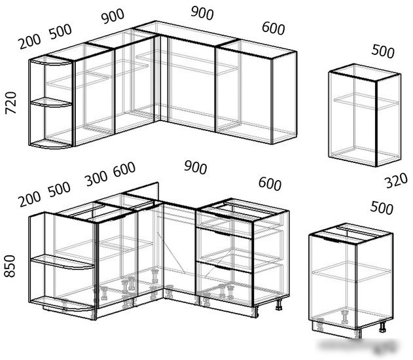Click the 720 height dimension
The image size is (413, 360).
point(11,103)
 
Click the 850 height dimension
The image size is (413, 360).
point(10,266)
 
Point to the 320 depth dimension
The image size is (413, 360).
point(397,181)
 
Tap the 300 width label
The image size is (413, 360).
point(96,178)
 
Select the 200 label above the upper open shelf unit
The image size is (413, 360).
point(29,42)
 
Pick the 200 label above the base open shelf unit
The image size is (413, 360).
point(29,199)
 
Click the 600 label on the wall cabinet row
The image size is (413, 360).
point(274,28)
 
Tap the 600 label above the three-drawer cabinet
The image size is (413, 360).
point(270,184)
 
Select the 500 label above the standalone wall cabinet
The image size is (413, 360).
point(383,51)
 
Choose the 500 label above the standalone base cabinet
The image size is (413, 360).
point(382,207)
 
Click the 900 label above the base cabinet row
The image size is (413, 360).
point(196,168)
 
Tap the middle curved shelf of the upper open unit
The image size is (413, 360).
point(51,103)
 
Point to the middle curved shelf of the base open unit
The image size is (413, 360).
point(63,262)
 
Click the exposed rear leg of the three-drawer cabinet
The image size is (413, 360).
point(279,304)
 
